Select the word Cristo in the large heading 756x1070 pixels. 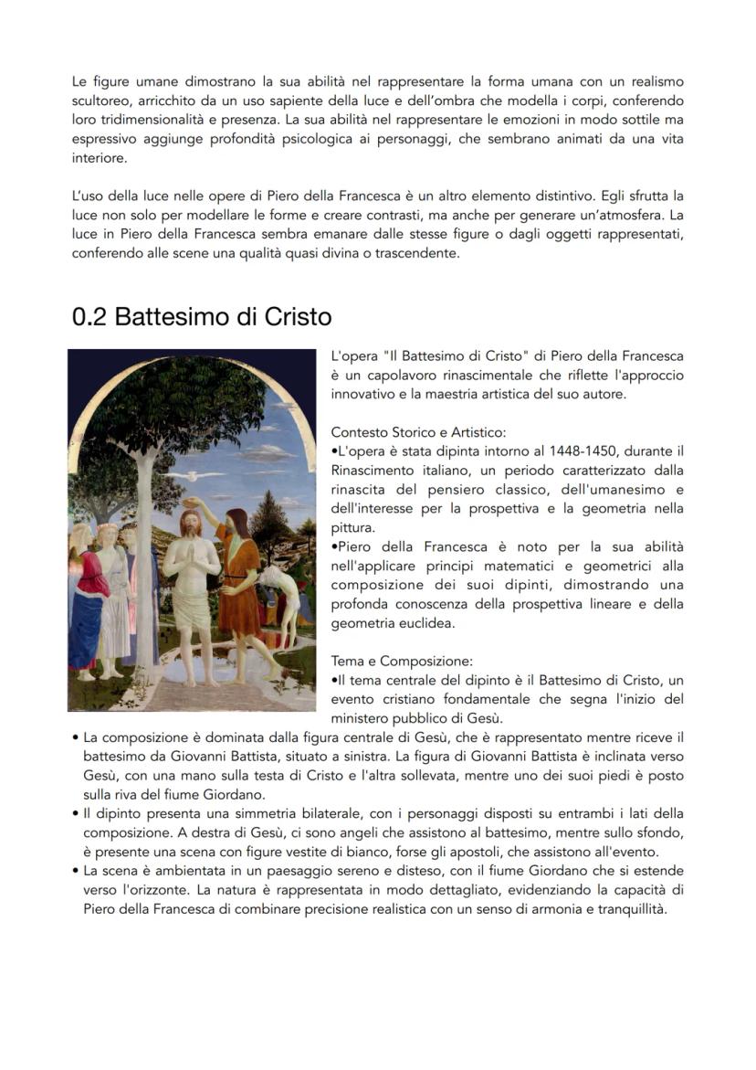click(x=298, y=317)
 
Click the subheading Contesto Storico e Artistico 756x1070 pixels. click(x=418, y=431)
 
